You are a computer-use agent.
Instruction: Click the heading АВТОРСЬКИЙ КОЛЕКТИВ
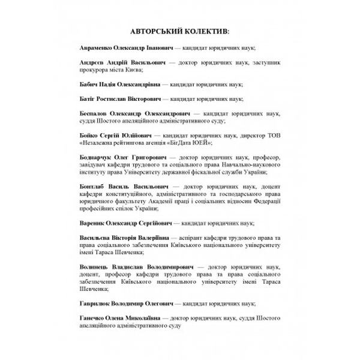(179, 30)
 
